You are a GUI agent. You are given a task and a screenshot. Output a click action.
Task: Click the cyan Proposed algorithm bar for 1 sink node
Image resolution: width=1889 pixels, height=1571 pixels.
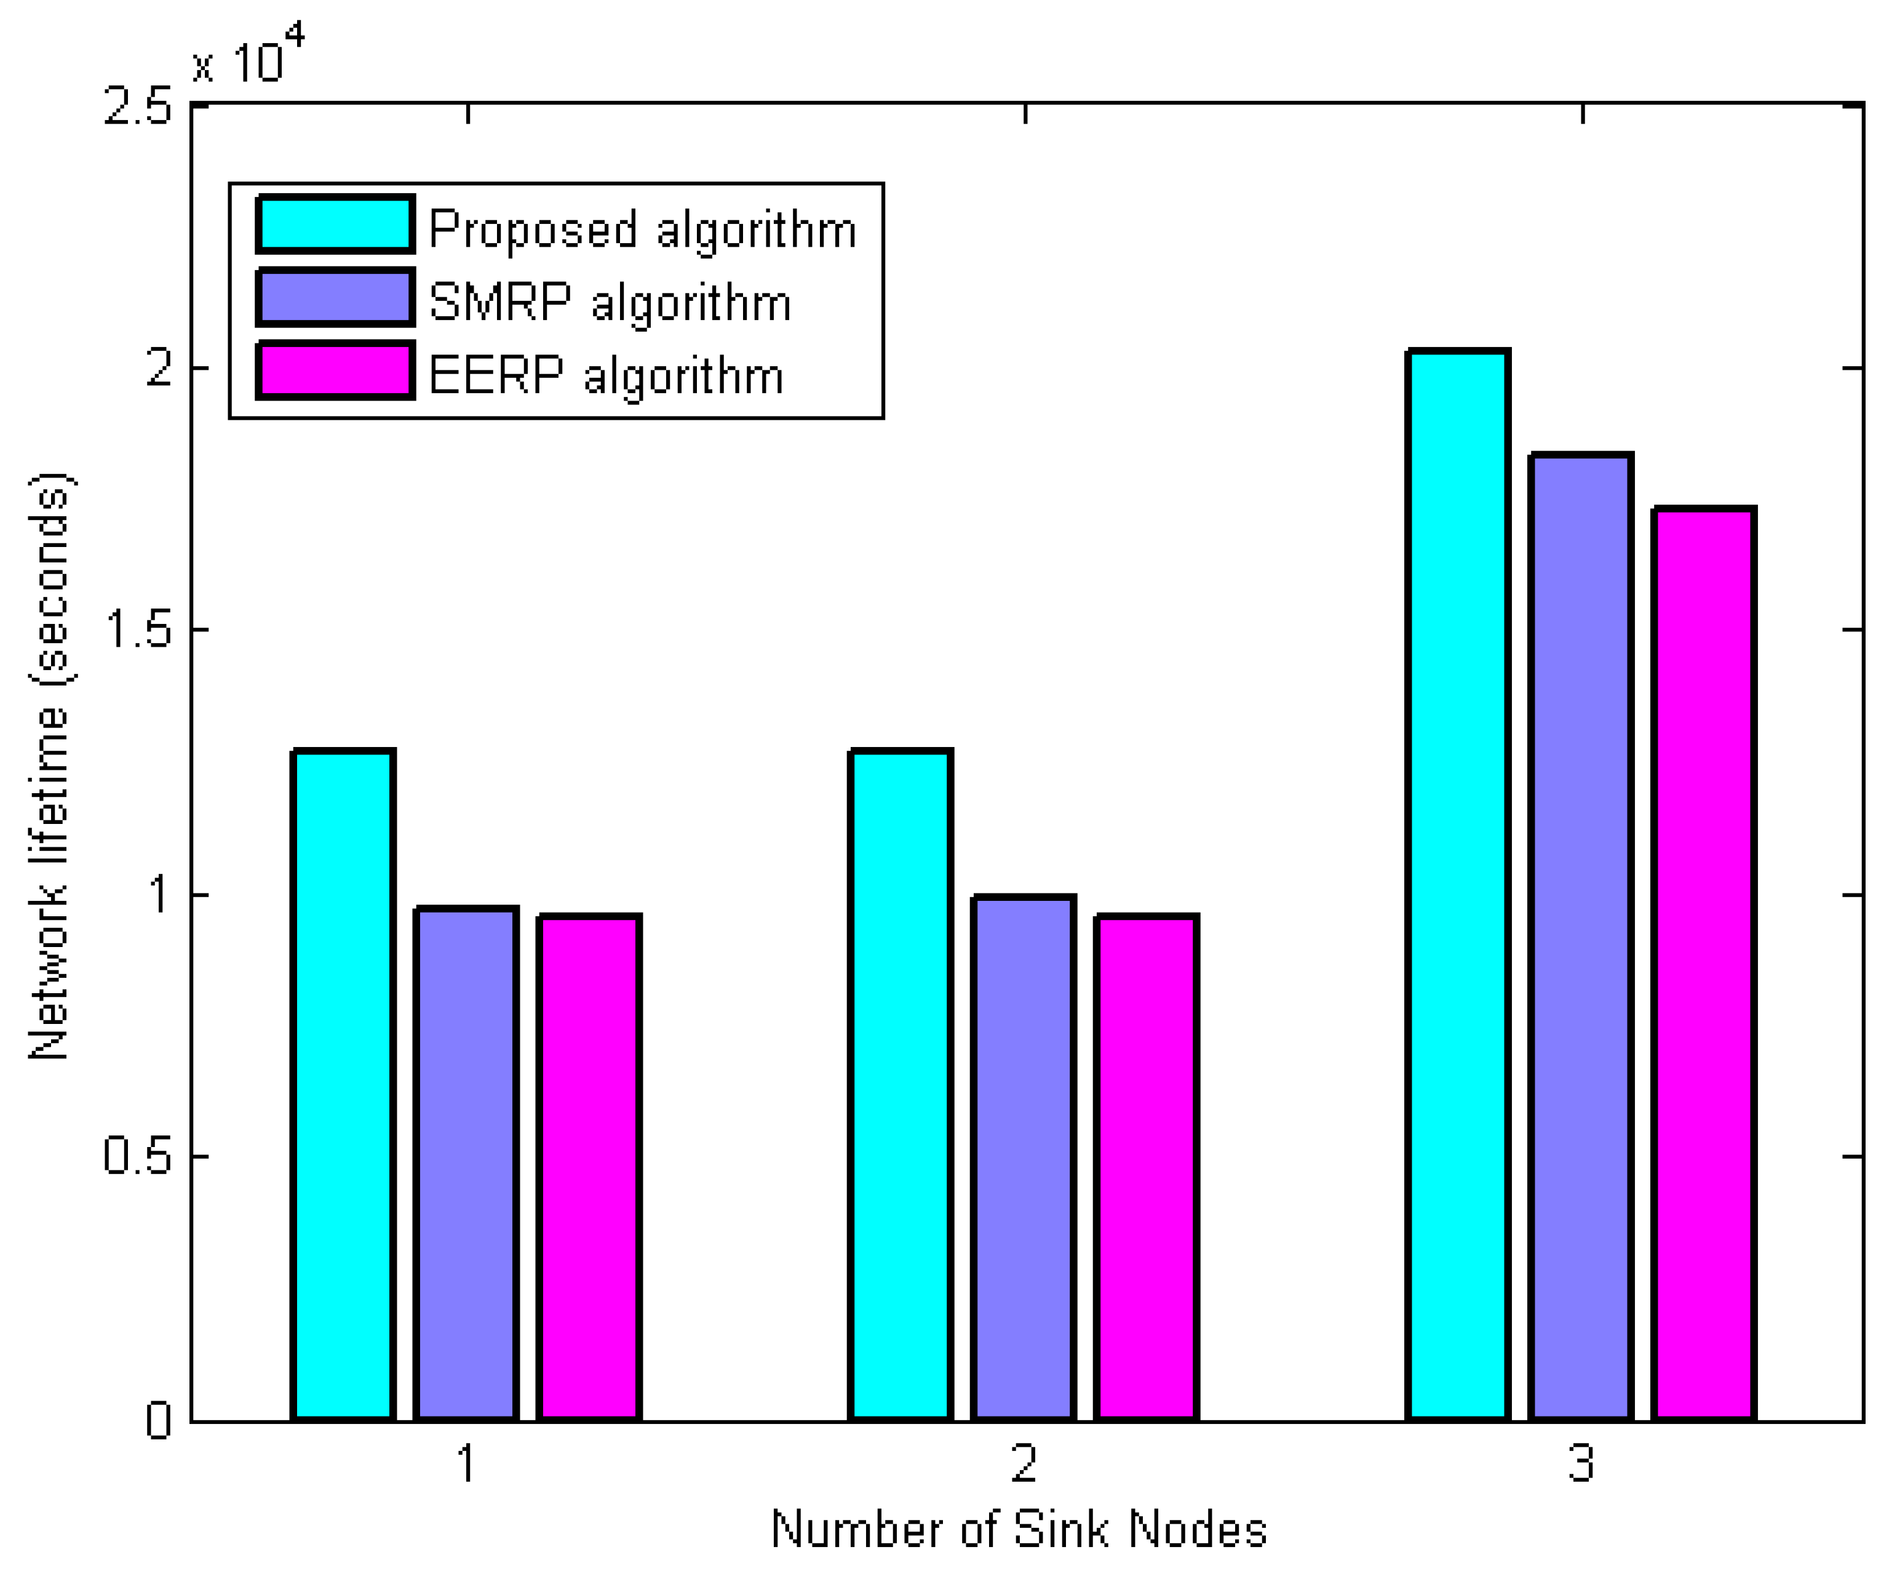[x=343, y=1084]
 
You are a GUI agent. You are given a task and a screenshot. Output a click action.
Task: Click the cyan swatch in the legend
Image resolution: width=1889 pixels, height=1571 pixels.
[x=335, y=224]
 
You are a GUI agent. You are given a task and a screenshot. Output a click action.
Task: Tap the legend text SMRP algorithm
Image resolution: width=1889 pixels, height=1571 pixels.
[x=610, y=302]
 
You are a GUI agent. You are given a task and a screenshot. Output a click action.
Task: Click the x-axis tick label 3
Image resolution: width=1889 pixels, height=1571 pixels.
[x=1581, y=1464]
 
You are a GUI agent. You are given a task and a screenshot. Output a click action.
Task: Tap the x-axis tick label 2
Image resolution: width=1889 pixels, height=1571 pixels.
[x=1025, y=1464]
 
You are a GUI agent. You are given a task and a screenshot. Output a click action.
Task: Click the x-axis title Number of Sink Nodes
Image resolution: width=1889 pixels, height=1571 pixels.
[x=1019, y=1530]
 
